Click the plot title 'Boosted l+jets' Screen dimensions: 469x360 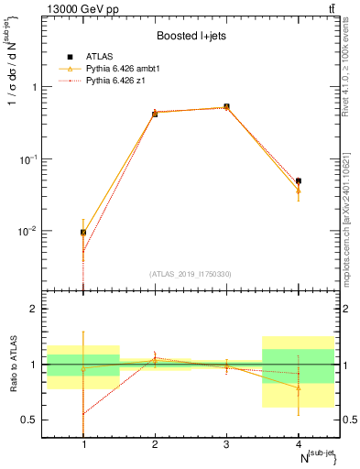click(191, 35)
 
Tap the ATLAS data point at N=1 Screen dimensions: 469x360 click(83, 233)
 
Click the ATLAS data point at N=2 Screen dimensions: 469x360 click(155, 114)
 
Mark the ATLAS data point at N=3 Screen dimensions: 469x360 click(226, 107)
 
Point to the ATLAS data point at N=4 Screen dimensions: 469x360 click(299, 181)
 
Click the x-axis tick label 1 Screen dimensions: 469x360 click(83, 444)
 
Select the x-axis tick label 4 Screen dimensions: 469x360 click(299, 444)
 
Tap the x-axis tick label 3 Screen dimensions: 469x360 click(226, 444)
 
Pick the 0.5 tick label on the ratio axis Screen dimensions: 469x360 click(34, 420)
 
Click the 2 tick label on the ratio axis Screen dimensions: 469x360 click(38, 309)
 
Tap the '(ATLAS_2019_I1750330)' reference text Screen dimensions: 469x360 click(191, 274)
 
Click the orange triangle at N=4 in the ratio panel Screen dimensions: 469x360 click(299, 387)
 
